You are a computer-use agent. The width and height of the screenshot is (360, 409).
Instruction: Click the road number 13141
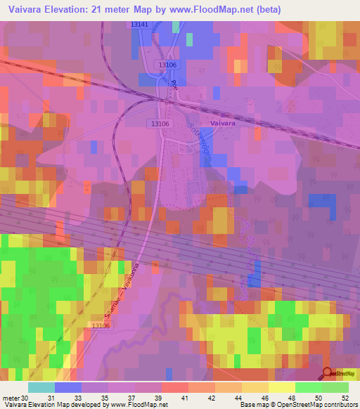point(140,25)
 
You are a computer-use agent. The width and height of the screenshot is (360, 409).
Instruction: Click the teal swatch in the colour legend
point(41,387)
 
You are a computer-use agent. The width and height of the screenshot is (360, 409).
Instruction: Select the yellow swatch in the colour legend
point(281,387)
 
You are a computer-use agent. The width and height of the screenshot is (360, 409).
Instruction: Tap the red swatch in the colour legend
point(174,387)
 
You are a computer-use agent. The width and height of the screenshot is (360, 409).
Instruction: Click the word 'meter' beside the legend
point(11,398)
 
